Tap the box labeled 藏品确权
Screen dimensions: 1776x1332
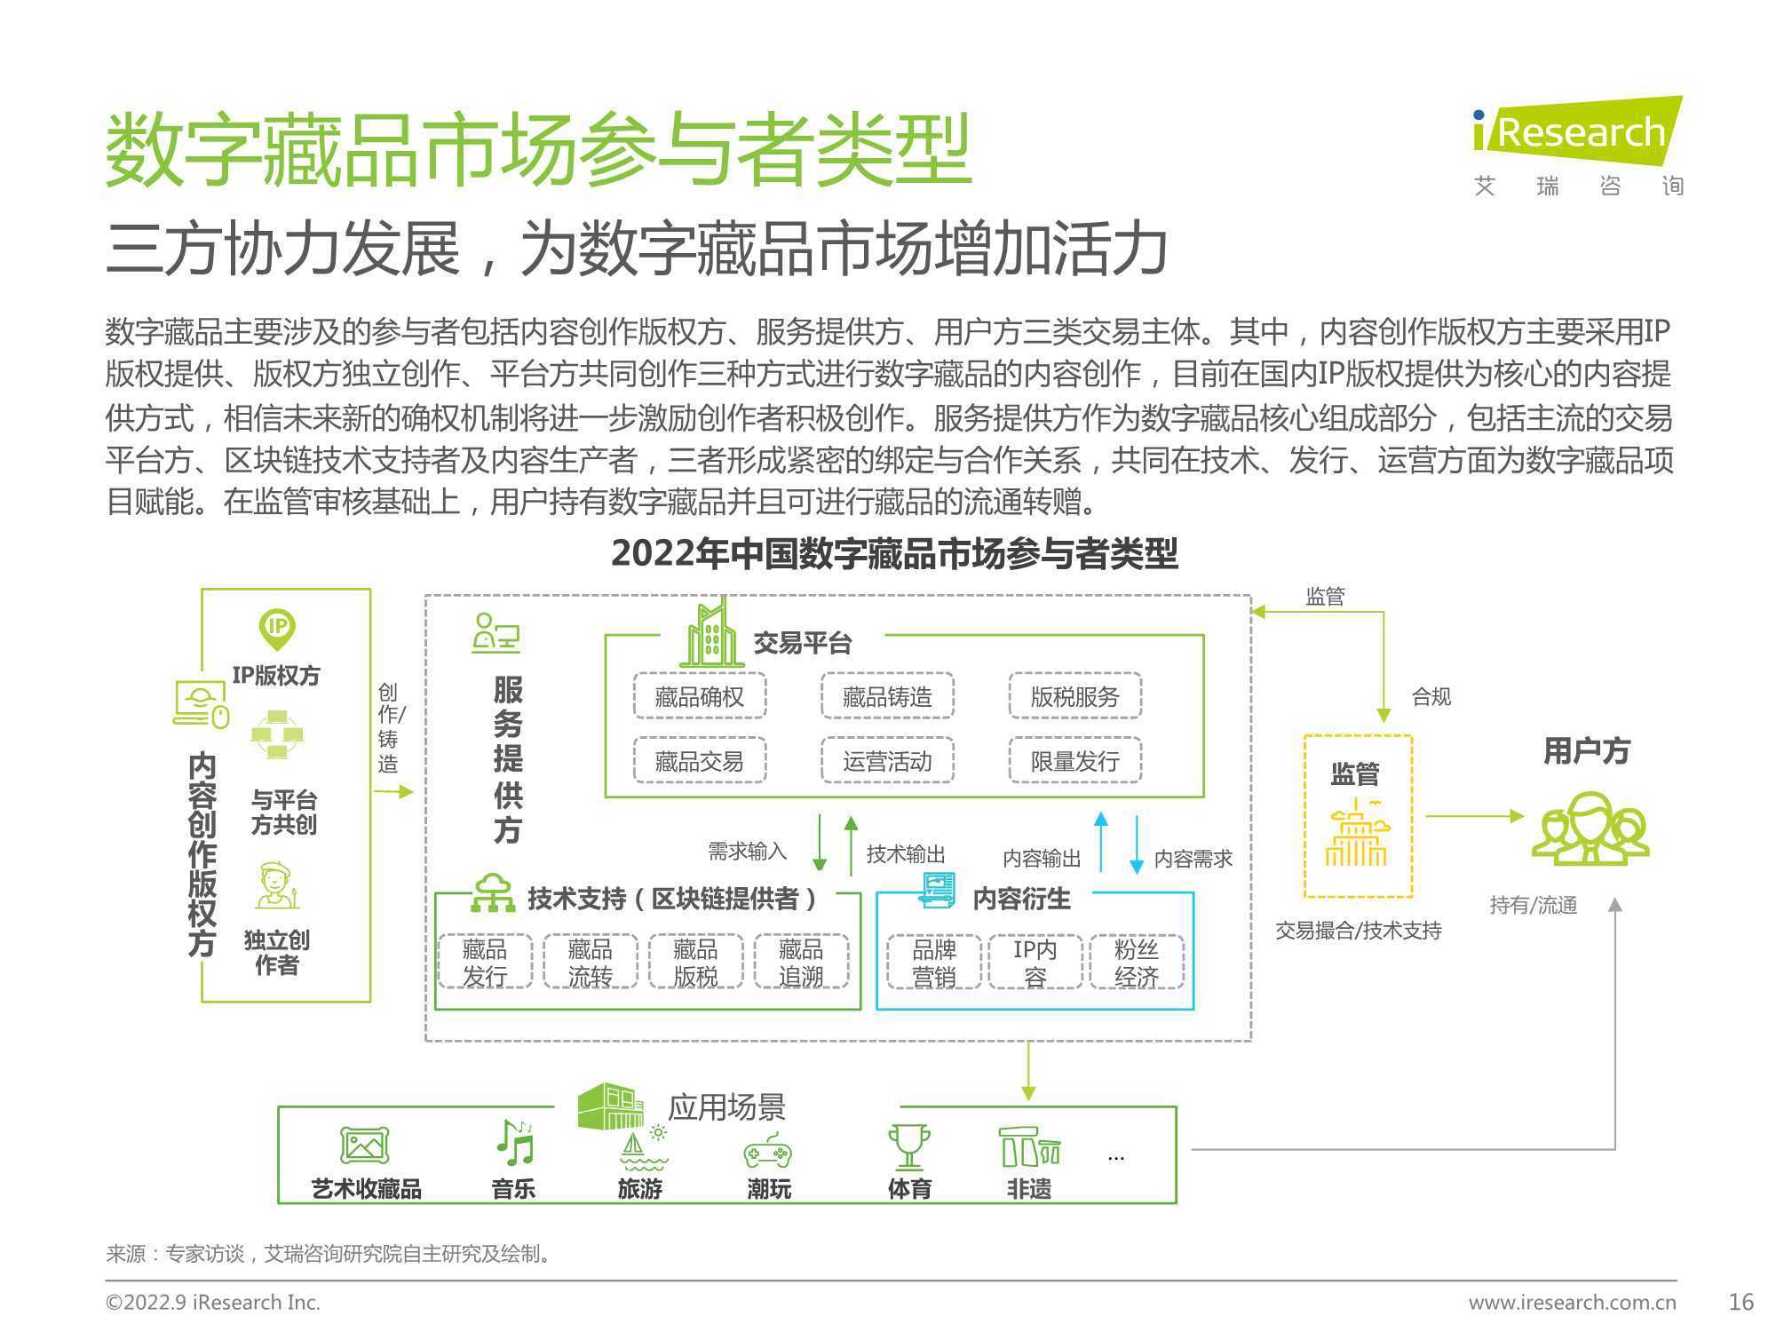point(700,696)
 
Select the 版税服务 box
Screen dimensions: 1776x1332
point(1074,696)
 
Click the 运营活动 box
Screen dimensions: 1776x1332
point(887,761)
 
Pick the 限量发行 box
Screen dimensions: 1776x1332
point(1074,761)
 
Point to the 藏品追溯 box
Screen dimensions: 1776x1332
point(801,962)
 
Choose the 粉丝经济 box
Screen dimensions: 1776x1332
point(1137,962)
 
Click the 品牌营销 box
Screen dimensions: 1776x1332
point(934,962)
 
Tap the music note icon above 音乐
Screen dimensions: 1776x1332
point(514,1142)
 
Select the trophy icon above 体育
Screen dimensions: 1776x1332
point(908,1146)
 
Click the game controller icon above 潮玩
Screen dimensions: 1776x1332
point(768,1151)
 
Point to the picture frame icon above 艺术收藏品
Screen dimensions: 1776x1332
point(365,1146)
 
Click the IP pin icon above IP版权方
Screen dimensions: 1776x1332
point(277,629)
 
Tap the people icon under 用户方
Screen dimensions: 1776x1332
point(1590,828)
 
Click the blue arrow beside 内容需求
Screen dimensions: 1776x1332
point(1137,844)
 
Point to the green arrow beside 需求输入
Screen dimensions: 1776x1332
point(820,842)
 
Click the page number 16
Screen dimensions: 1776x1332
point(1741,1302)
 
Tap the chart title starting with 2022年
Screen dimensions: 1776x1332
point(894,554)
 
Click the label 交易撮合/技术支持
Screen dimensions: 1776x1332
point(1359,931)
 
